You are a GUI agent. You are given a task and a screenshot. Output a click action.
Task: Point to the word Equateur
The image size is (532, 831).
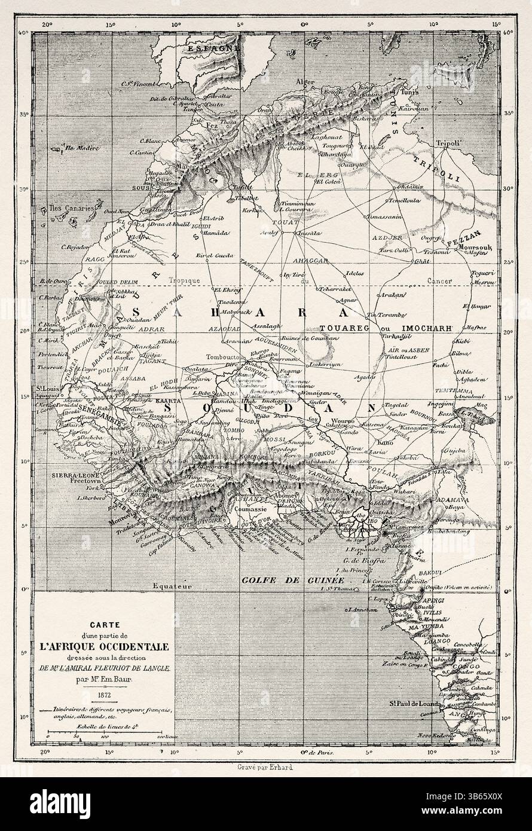pyautogui.click(x=170, y=588)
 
